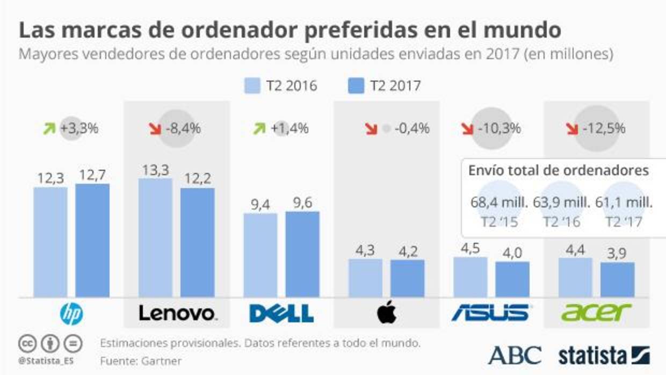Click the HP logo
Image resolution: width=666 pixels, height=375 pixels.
pyautogui.click(x=71, y=312)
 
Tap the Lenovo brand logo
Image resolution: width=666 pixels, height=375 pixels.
pyautogui.click(x=178, y=312)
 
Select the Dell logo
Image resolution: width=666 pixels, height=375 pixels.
pyautogui.click(x=281, y=312)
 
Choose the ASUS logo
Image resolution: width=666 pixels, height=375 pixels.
pyautogui.click(x=490, y=312)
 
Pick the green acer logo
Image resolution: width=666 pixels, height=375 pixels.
pyautogui.click(x=596, y=312)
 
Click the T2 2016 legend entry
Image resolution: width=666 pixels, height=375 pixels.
pyautogui.click(x=280, y=86)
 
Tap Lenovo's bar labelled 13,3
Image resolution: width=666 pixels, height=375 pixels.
pyautogui.click(x=156, y=237)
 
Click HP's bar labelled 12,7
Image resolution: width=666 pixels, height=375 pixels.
pyautogui.click(x=92, y=240)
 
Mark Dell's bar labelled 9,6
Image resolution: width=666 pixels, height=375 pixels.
pyautogui.click(x=302, y=254)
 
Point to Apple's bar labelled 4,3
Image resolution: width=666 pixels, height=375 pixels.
pyautogui.click(x=365, y=278)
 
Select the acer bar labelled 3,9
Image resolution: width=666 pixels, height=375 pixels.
pyautogui.click(x=618, y=279)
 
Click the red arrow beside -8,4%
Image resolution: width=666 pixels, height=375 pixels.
pyautogui.click(x=155, y=129)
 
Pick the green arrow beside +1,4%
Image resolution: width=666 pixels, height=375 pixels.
pyautogui.click(x=260, y=129)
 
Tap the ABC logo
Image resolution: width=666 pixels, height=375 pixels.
pyautogui.click(x=515, y=355)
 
